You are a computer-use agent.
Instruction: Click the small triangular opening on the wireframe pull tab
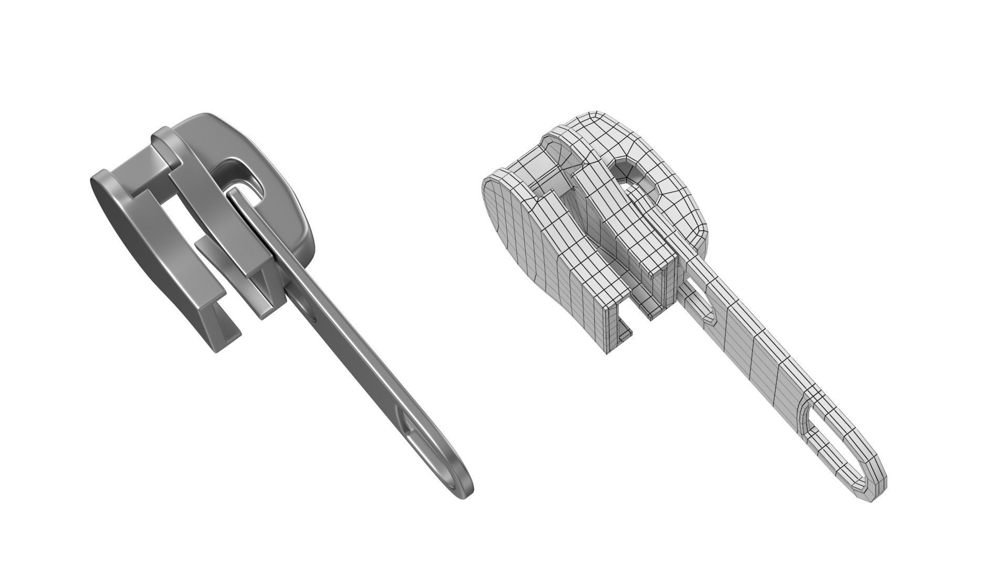(x=701, y=302)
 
